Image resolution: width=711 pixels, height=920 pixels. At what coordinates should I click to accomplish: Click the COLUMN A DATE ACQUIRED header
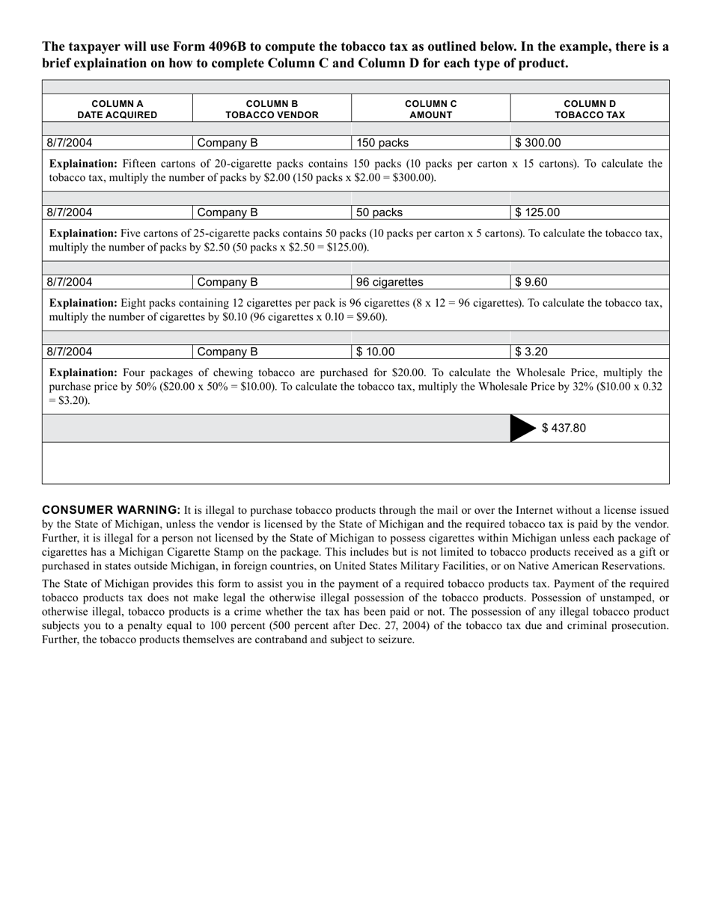118,109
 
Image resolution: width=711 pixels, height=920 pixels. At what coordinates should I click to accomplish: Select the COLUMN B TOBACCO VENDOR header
272,109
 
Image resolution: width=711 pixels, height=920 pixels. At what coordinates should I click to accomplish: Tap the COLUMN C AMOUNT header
430,109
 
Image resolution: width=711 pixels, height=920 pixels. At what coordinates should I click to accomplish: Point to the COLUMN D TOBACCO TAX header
589,109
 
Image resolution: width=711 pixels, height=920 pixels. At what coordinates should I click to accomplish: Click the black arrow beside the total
522,428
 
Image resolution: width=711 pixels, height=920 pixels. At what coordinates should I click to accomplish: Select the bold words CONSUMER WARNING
111,510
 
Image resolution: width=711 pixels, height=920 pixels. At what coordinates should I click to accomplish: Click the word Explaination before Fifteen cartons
83,164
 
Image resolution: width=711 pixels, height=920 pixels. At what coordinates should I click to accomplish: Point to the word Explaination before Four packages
83,372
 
